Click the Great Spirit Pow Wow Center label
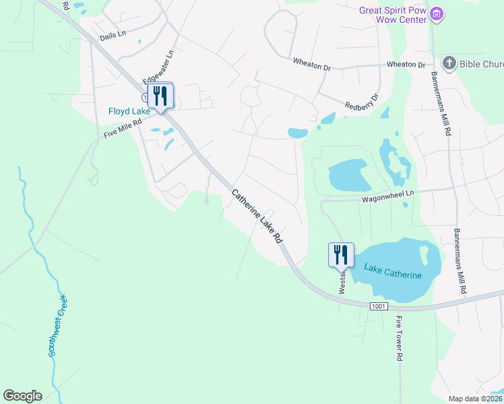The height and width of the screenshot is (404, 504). [393, 14]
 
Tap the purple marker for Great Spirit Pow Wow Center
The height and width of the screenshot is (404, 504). [437, 13]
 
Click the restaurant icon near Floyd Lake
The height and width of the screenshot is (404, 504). [160, 95]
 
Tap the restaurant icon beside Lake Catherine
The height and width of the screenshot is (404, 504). [341, 255]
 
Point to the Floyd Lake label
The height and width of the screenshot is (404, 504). [130, 111]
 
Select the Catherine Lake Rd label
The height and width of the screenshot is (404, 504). [257, 216]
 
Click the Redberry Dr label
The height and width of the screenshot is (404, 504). [362, 101]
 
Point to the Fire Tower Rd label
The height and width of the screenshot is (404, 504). [398, 339]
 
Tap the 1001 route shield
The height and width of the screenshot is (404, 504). [379, 306]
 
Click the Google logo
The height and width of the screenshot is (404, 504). [22, 396]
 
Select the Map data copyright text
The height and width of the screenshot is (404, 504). [474, 399]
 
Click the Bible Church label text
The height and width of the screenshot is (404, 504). [481, 65]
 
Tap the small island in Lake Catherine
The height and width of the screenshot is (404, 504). [424, 255]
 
